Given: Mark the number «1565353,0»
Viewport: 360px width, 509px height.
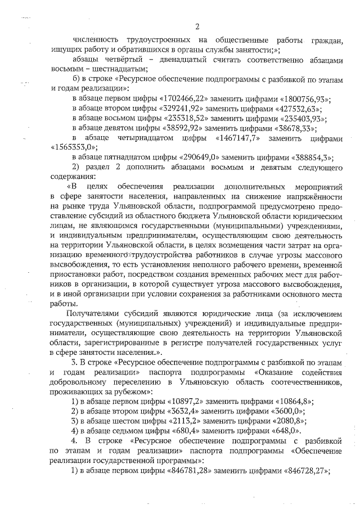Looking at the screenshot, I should click(71, 147).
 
